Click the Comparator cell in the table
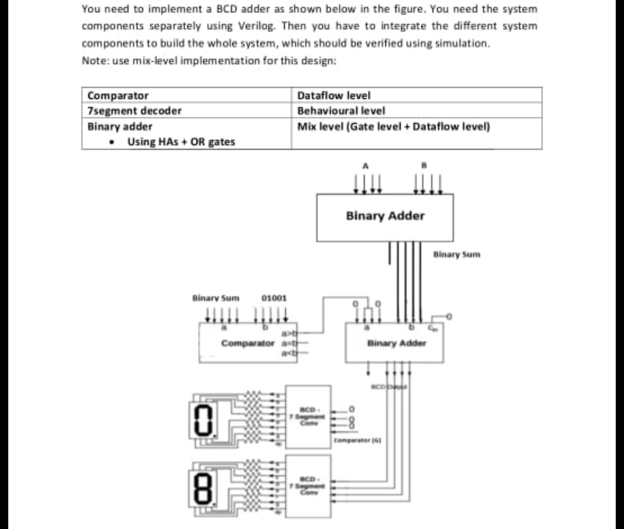[118, 95]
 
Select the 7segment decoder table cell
[135, 111]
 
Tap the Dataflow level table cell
[334, 95]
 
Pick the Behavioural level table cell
[341, 111]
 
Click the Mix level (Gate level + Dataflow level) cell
[394, 126]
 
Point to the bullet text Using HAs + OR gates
[181, 142]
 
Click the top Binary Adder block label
[385, 216]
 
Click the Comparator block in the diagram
[248, 343]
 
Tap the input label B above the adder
[423, 166]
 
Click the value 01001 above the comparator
[274, 298]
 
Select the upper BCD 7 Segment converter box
[308, 417]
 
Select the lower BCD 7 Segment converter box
[308, 486]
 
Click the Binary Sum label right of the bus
[456, 254]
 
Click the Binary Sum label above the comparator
[216, 298]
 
